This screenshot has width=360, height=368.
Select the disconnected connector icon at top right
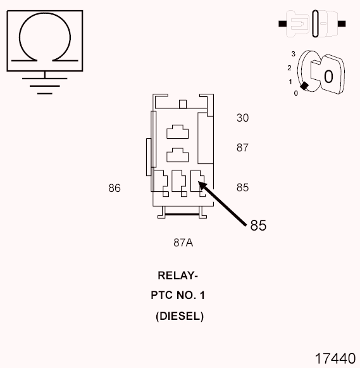313,23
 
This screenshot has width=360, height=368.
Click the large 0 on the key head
328,76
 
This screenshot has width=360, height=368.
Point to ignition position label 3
293,55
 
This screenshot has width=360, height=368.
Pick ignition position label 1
290,82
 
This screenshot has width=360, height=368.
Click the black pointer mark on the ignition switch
304,87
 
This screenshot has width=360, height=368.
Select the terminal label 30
242,118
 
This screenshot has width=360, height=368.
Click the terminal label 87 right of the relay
242,148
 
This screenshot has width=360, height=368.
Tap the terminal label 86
115,188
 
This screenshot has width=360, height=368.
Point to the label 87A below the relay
182,242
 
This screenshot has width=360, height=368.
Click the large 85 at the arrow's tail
258,225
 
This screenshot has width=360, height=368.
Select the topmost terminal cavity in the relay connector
177,131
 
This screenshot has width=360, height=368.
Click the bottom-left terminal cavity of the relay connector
161,181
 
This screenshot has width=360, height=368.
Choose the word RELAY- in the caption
178,276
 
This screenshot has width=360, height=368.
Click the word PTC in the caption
162,296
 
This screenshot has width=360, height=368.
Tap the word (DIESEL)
180,316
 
